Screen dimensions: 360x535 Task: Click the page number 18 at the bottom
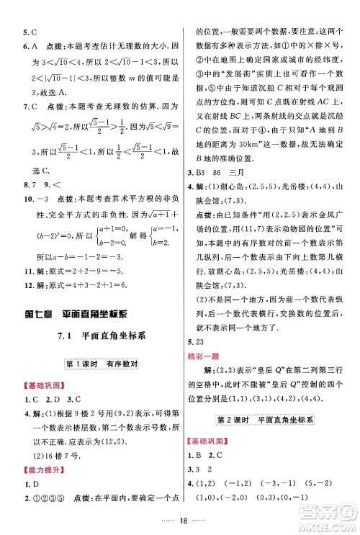(180, 521)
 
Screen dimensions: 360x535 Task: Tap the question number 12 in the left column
(27, 288)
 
